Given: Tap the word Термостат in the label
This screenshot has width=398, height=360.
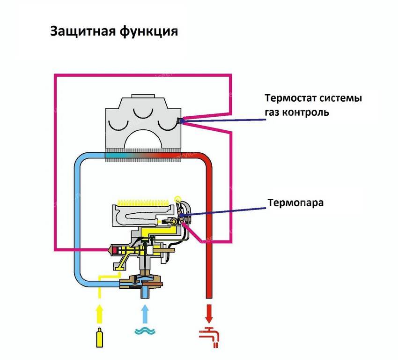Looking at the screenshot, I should tap(290, 99).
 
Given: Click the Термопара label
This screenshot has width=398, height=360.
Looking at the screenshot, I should tap(295, 203).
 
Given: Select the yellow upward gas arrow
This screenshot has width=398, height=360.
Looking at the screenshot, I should tap(99, 313).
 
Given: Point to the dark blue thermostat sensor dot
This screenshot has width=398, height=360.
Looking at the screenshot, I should tap(180, 121).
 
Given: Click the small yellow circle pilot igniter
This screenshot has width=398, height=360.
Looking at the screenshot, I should tap(177, 199).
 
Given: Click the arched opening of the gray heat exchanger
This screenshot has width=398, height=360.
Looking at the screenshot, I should tap(142, 141).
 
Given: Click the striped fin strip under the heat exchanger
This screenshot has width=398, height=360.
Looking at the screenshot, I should tap(142, 157).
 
